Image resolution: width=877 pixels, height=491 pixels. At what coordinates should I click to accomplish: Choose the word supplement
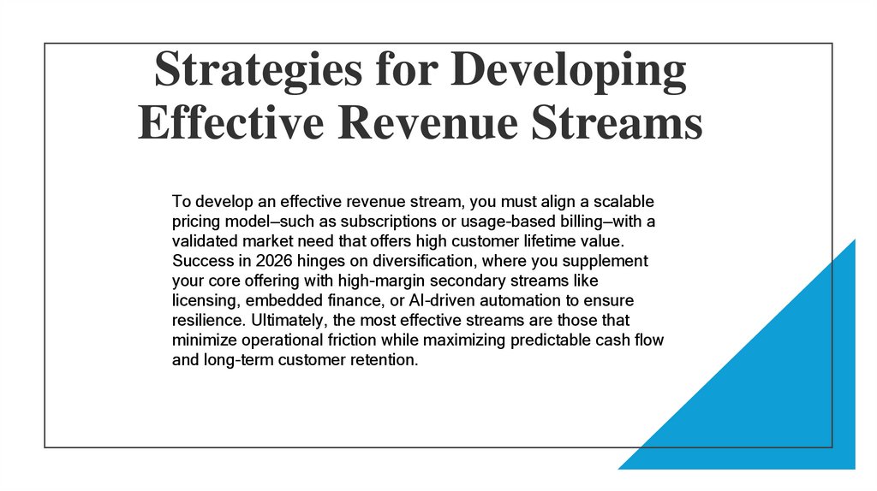point(605,261)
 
